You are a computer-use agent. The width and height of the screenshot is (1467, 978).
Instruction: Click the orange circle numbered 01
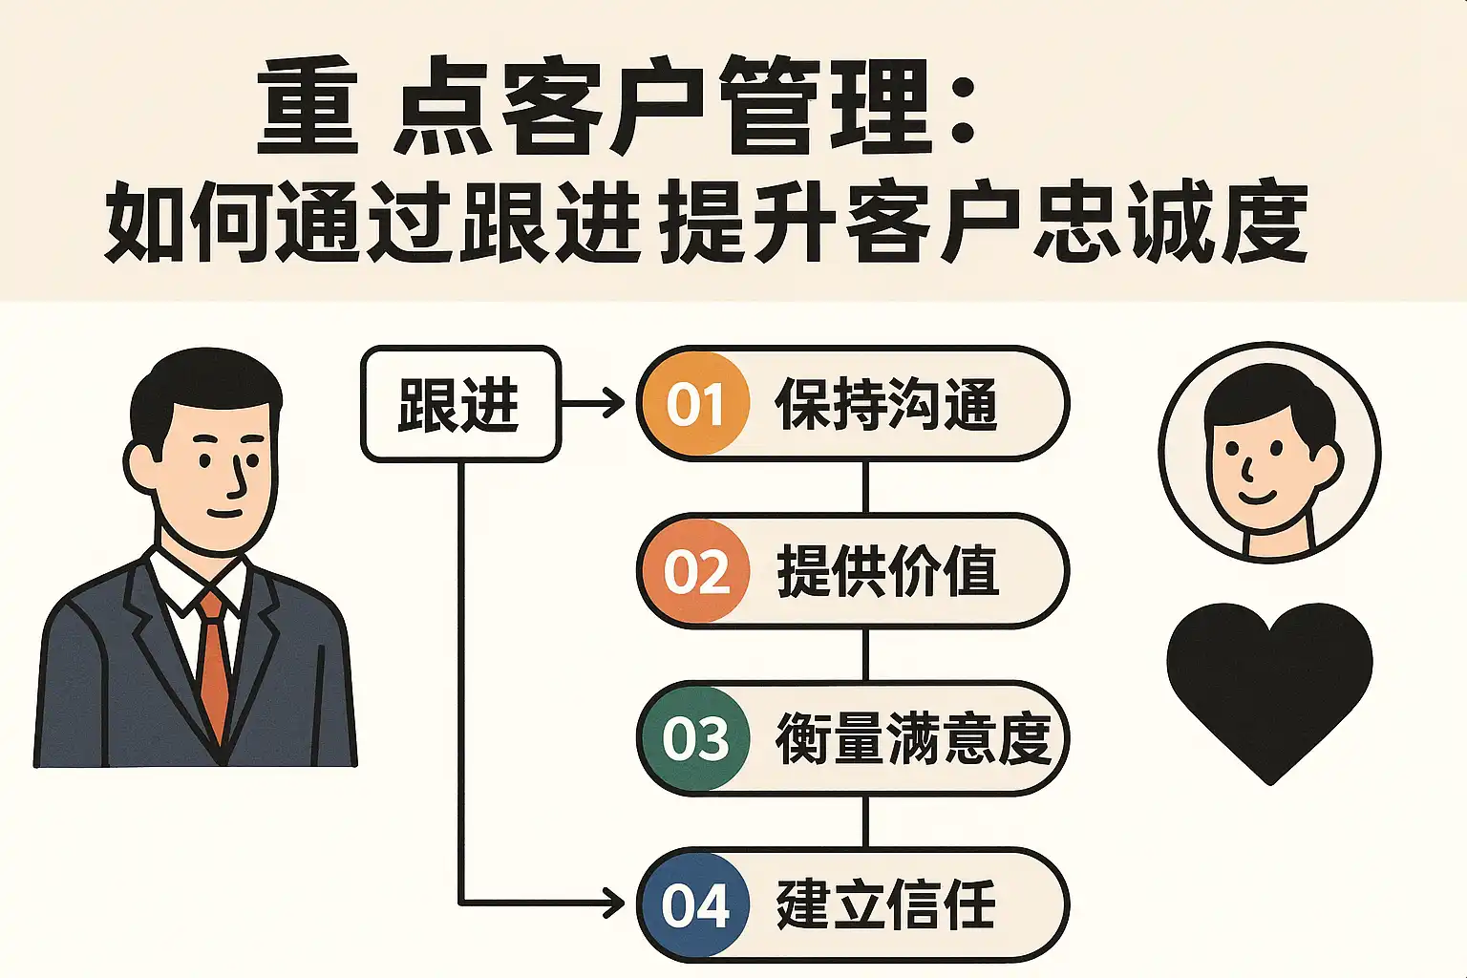click(x=695, y=403)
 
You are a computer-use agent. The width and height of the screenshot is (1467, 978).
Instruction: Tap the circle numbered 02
click(x=695, y=570)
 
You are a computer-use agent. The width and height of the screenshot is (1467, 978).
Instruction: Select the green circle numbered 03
click(x=695, y=738)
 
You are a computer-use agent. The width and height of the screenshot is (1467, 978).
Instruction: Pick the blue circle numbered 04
click(x=695, y=905)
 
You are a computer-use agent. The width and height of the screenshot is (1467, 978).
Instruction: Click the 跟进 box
click(x=460, y=403)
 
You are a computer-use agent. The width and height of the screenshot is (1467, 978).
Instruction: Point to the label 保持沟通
click(x=886, y=404)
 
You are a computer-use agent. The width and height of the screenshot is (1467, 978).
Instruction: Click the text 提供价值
click(x=887, y=571)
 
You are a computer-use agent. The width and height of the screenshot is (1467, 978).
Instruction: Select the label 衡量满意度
click(x=914, y=738)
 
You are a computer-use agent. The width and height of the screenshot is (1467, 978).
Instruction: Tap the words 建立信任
click(x=886, y=906)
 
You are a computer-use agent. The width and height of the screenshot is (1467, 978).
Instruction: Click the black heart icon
click(x=1269, y=691)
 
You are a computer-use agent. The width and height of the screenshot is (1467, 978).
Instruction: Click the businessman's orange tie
click(x=214, y=665)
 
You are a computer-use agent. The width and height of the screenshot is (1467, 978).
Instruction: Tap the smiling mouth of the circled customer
click(x=1258, y=497)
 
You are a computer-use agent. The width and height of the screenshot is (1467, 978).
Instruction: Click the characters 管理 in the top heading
click(x=825, y=105)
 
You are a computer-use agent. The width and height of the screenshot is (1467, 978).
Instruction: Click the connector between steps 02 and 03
click(x=866, y=654)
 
